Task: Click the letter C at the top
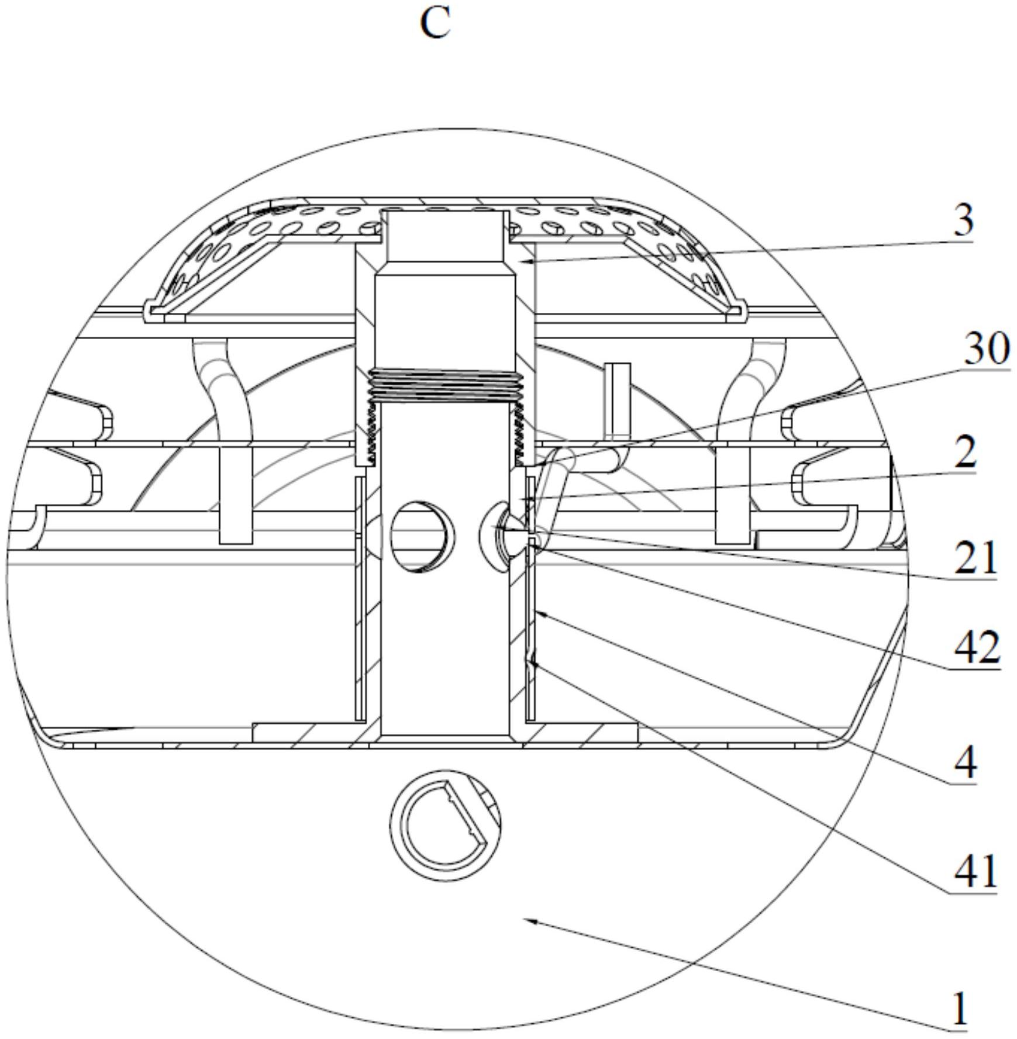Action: (436, 24)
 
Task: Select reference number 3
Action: (963, 220)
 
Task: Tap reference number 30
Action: (987, 348)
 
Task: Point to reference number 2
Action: (965, 452)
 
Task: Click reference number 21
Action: (975, 557)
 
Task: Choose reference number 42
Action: (977, 648)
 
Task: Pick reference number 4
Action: (965, 762)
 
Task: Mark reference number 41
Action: (975, 871)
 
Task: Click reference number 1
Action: (960, 1008)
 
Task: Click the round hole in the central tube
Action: (422, 536)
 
